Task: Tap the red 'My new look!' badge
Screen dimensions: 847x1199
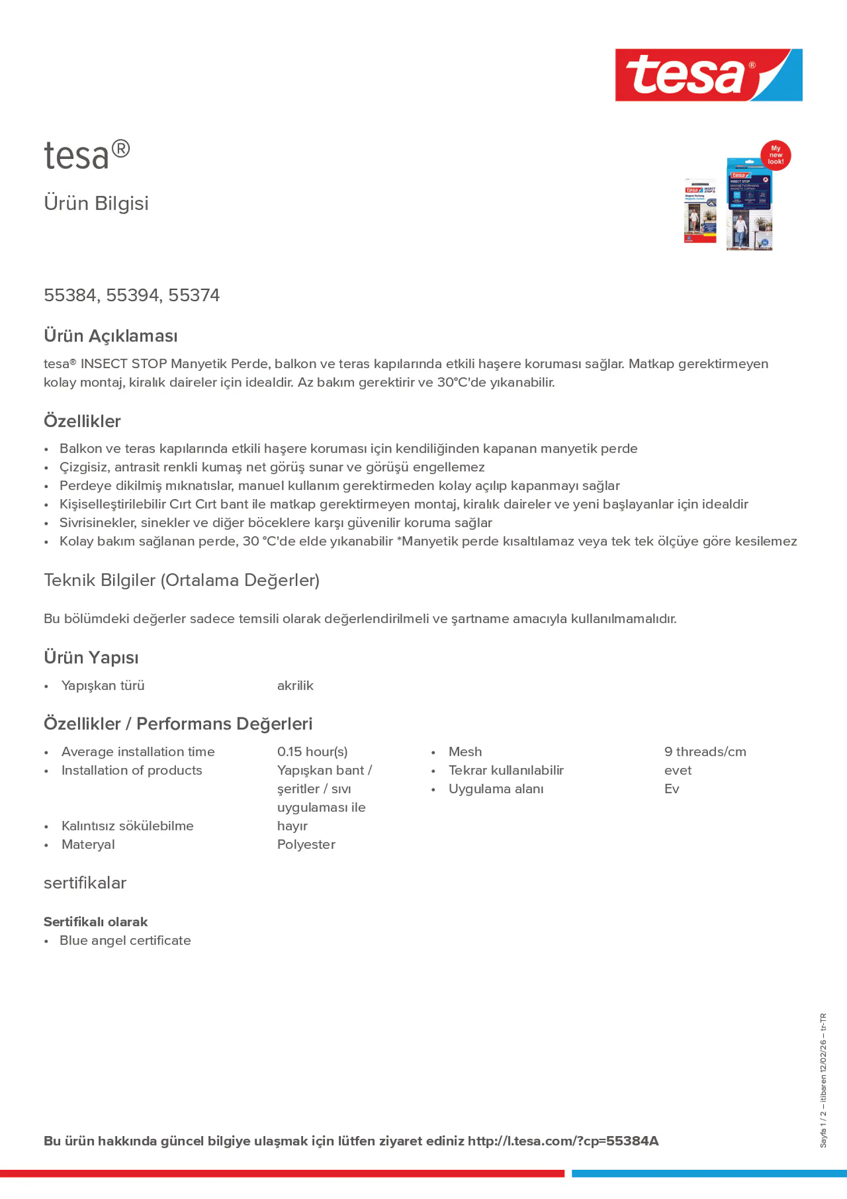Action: pyautogui.click(x=776, y=155)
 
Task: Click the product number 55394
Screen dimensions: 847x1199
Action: pyautogui.click(x=132, y=295)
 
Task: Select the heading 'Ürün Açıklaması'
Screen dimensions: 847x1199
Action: pyautogui.click(x=111, y=336)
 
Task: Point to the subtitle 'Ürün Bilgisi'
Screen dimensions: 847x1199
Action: pyautogui.click(x=96, y=203)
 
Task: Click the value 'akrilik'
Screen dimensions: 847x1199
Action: pyautogui.click(x=295, y=685)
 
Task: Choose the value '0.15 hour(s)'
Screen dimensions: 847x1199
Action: pyautogui.click(x=312, y=751)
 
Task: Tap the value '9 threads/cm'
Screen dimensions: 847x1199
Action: pyautogui.click(x=705, y=751)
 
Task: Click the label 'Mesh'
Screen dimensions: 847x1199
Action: pyautogui.click(x=465, y=751)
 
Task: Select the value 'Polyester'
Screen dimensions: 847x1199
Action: pyautogui.click(x=306, y=844)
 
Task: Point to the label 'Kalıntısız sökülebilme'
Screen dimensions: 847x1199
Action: pyautogui.click(x=127, y=826)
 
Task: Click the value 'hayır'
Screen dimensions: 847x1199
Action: pyautogui.click(x=292, y=826)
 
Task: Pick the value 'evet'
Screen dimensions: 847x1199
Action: pyautogui.click(x=678, y=770)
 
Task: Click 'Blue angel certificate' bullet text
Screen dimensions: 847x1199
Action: pyautogui.click(x=125, y=940)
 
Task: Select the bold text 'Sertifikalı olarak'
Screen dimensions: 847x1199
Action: pyautogui.click(x=96, y=922)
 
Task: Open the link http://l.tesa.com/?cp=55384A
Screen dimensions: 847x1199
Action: pyautogui.click(x=563, y=1141)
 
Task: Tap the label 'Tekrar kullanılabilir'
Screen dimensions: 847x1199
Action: pyautogui.click(x=506, y=770)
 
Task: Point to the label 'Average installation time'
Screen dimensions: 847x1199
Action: pyautogui.click(x=138, y=751)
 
